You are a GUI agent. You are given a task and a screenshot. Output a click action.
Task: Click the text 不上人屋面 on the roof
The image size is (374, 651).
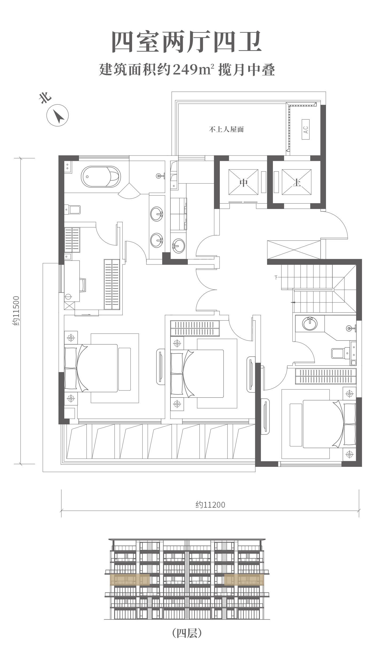point(226,130)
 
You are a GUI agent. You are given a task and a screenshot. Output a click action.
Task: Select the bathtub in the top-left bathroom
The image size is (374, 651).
point(101,177)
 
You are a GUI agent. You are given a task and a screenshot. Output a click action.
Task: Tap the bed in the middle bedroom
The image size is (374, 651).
point(197,374)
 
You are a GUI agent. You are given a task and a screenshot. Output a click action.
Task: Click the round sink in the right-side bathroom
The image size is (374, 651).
point(310,323)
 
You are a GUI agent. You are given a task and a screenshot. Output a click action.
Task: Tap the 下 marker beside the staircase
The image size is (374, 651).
point(276,277)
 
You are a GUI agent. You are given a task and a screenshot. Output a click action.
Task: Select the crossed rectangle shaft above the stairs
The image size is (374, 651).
point(294,250)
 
